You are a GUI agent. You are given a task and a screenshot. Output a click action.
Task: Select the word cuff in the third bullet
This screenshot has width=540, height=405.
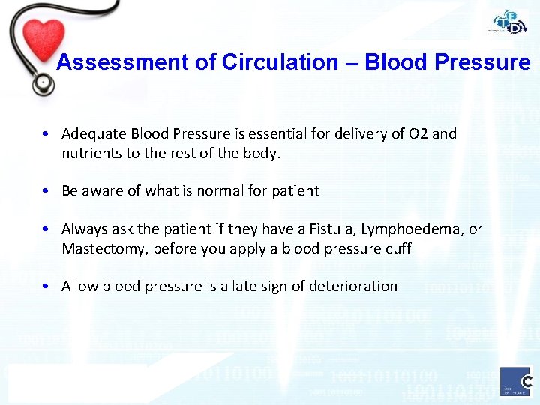(x=398, y=248)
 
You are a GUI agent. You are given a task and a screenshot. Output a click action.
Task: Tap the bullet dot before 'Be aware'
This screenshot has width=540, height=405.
(x=46, y=191)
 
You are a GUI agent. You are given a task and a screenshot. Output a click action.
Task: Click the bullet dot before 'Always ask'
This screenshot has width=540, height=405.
(x=46, y=229)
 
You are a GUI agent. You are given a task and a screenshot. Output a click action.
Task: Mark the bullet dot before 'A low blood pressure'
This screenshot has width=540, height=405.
(x=46, y=286)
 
